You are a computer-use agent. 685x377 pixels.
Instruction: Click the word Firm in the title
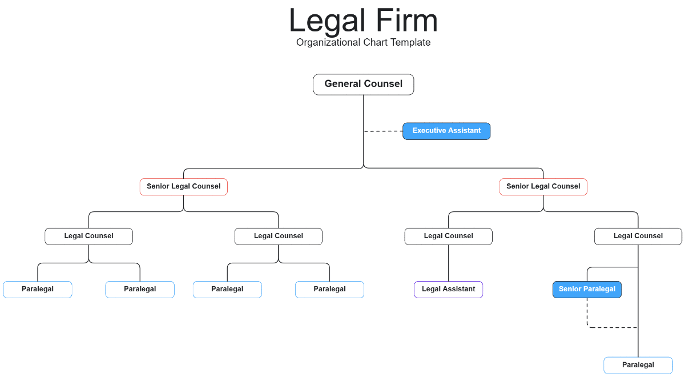click(x=406, y=21)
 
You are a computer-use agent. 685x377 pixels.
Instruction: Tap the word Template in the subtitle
click(x=410, y=42)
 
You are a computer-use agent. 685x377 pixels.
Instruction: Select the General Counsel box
click(x=364, y=84)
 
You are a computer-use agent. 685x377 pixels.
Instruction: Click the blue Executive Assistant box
click(x=446, y=131)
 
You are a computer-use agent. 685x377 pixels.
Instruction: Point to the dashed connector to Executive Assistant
click(x=383, y=131)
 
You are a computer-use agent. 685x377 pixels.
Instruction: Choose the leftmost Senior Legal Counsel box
click(x=184, y=187)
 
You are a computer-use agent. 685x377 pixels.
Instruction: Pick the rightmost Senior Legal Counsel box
click(x=543, y=187)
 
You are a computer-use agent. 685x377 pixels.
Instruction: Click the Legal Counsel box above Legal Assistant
click(x=448, y=236)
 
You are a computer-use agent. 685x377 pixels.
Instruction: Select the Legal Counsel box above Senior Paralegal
click(x=638, y=236)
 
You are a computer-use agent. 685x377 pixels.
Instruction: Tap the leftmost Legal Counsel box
click(x=88, y=236)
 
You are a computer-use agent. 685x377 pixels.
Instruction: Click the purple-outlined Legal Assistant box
click(x=448, y=290)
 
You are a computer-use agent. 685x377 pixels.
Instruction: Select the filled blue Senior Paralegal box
click(x=587, y=290)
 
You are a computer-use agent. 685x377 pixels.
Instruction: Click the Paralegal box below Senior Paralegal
click(x=638, y=365)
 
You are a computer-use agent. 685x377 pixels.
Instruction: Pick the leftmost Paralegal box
click(x=38, y=290)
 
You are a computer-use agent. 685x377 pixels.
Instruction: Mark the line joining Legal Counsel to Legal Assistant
click(x=448, y=263)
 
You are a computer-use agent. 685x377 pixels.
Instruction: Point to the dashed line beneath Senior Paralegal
click(x=611, y=327)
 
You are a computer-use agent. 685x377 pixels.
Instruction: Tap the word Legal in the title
click(x=323, y=21)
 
